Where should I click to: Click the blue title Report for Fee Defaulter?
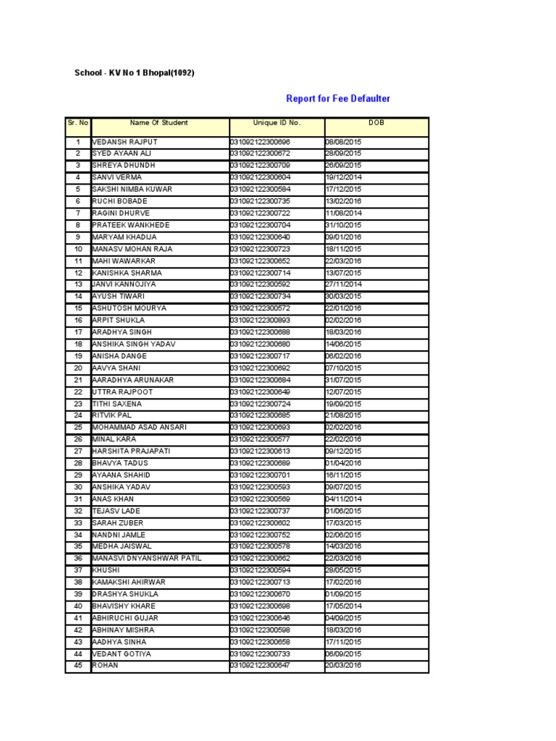click(338, 98)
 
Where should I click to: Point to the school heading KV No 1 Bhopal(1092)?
click(135, 73)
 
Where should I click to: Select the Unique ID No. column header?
click(277, 123)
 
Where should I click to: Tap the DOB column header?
click(376, 123)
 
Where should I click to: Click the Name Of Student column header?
click(159, 123)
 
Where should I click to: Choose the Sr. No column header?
click(77, 123)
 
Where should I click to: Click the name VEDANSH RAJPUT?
click(125, 142)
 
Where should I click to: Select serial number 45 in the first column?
click(77, 665)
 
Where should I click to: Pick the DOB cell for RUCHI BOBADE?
click(344, 201)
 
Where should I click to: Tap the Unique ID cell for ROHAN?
click(260, 665)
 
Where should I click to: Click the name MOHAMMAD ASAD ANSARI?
click(139, 428)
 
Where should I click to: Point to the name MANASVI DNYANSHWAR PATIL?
click(147, 558)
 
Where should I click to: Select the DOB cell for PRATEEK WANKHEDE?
click(344, 225)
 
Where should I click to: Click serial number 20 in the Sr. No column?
click(77, 368)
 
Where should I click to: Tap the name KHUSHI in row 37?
click(106, 570)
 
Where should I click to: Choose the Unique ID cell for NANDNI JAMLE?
click(260, 535)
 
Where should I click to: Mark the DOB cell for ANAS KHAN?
click(344, 499)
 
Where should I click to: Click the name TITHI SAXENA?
click(117, 404)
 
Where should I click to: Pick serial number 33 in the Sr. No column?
click(77, 522)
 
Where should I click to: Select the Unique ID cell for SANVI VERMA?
click(260, 177)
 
